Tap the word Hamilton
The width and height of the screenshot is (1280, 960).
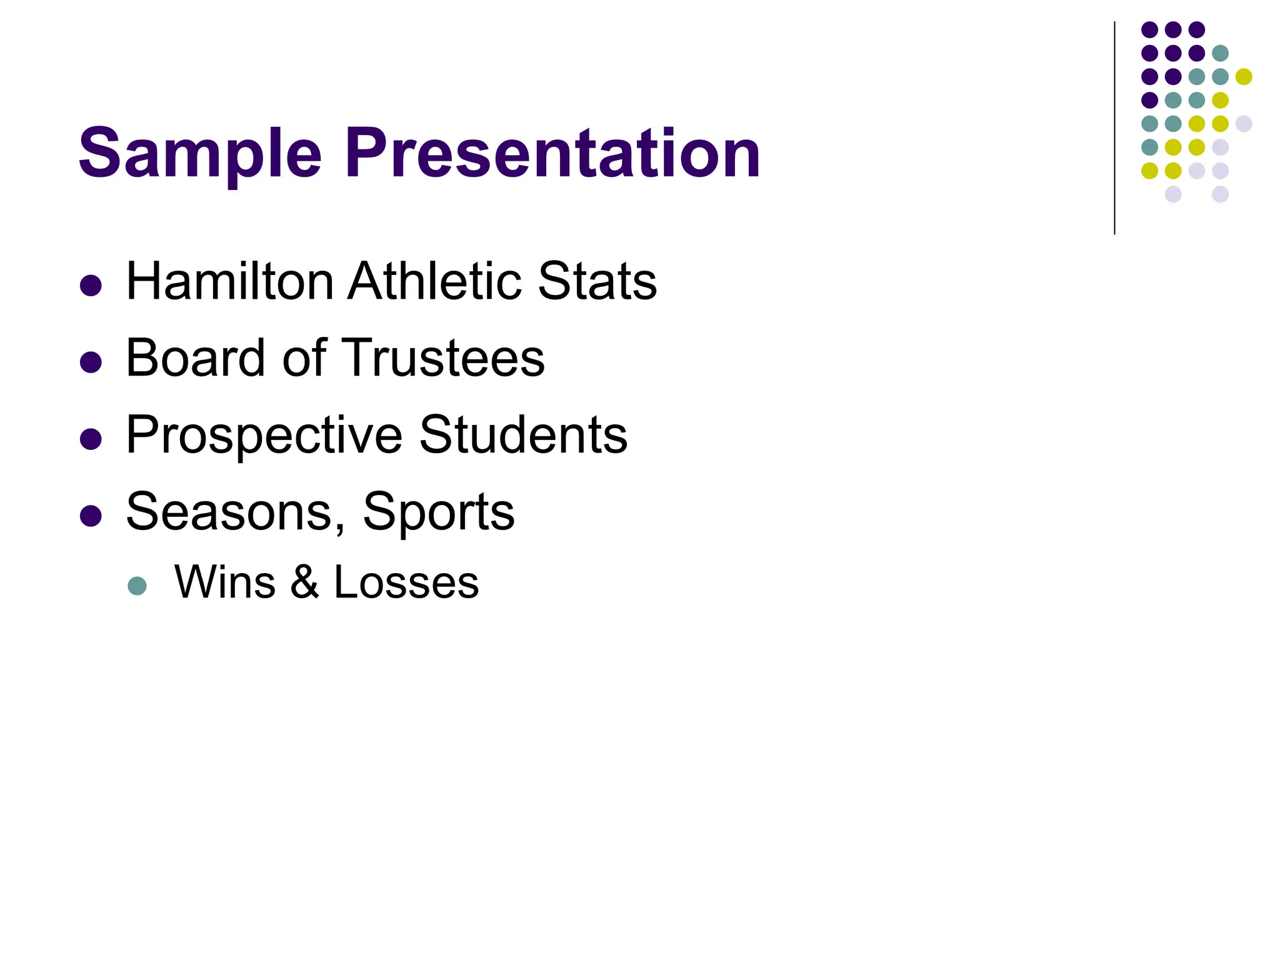(230, 282)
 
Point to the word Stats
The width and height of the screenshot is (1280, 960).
(597, 282)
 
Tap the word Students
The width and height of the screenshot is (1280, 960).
(523, 436)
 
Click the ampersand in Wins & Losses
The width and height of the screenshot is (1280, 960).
(305, 583)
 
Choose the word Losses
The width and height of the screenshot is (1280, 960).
(406, 583)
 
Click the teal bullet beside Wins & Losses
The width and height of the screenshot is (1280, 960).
(137, 586)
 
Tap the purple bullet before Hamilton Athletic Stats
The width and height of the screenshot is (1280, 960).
(91, 286)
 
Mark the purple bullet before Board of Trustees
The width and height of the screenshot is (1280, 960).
(91, 362)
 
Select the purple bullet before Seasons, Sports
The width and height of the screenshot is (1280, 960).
(91, 516)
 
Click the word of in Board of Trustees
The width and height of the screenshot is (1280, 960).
(305, 358)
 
